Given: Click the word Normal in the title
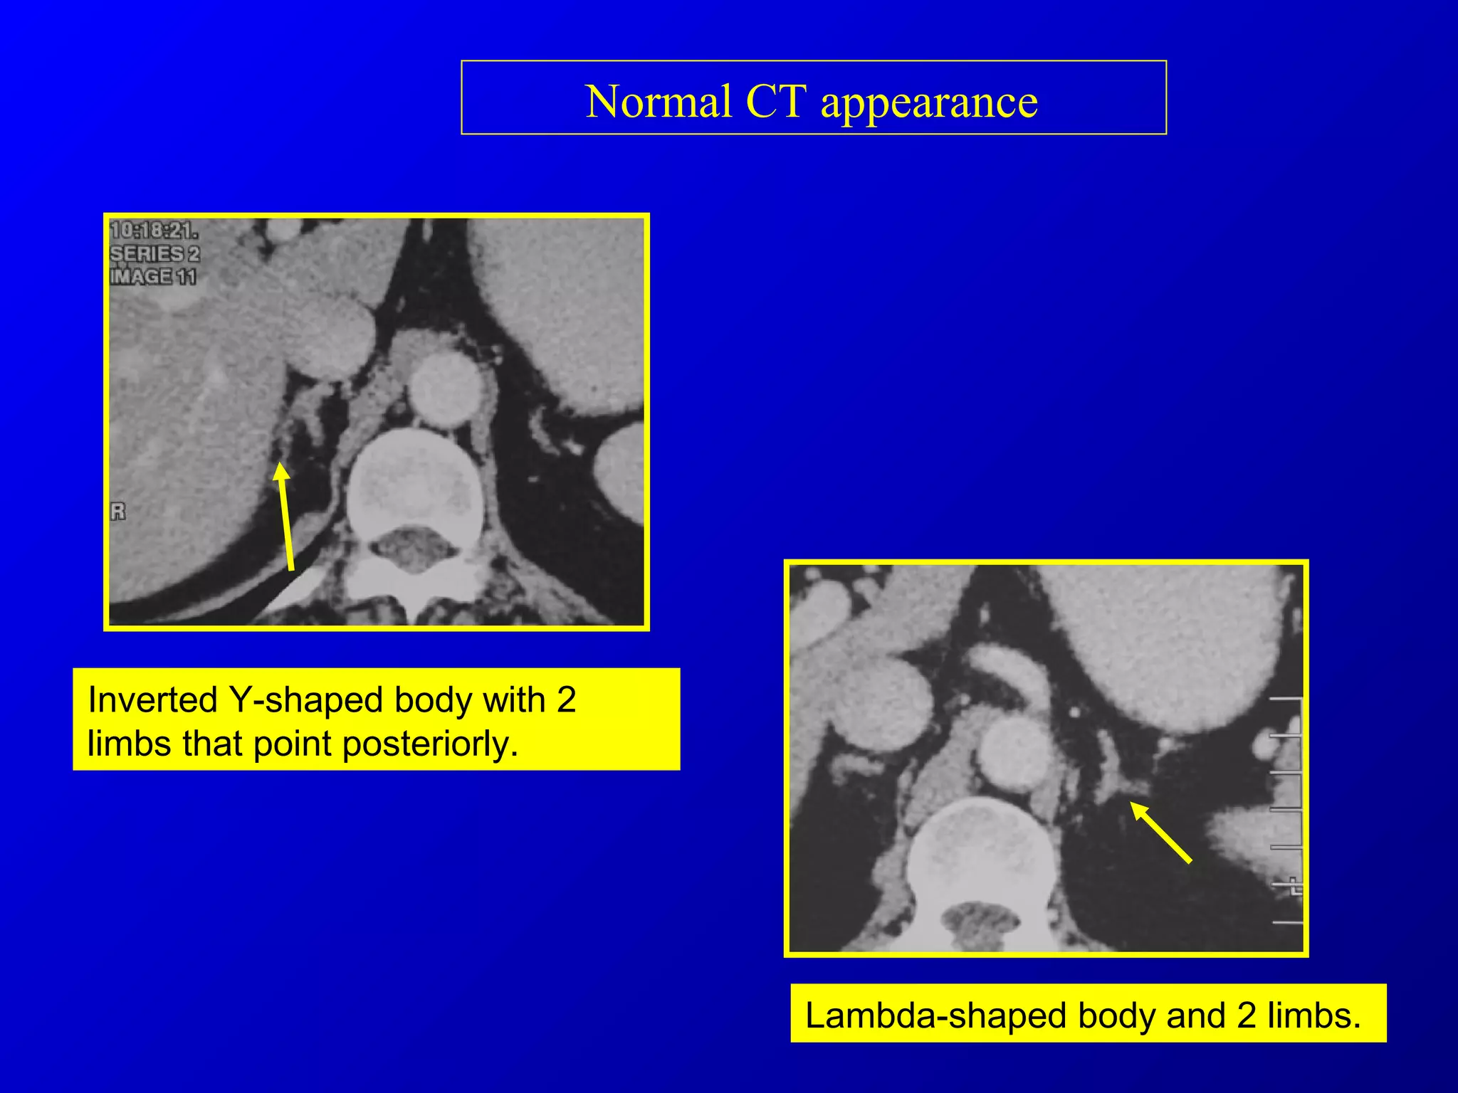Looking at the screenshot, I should (658, 102).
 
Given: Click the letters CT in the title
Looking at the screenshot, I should (776, 102).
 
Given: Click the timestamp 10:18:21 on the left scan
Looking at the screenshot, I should (154, 231).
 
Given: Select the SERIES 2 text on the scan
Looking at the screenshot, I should (154, 253).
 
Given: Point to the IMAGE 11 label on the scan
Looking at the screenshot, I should (152, 276).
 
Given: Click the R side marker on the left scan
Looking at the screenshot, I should (118, 511).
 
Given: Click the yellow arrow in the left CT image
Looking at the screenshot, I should (285, 515).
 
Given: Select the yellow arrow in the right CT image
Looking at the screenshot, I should (1160, 832).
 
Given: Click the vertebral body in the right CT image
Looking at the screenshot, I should (982, 854).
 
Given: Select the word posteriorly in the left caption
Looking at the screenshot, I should (430, 744).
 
